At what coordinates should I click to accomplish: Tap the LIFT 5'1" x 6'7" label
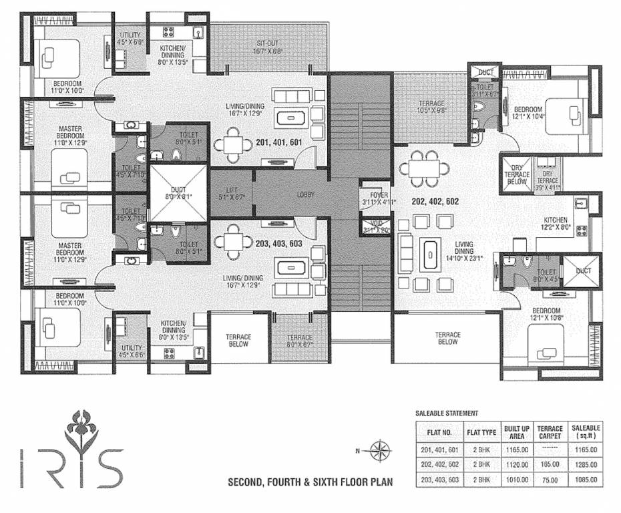pos(232,194)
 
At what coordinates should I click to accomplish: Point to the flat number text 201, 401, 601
pos(280,142)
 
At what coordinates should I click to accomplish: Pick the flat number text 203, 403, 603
pos(279,244)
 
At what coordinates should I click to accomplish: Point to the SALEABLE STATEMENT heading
pos(446,414)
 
